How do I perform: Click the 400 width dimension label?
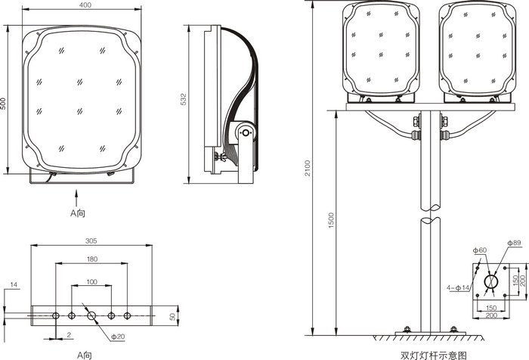(x=85, y=5)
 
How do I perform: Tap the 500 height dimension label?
(x=3, y=104)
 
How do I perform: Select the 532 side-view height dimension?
(x=184, y=99)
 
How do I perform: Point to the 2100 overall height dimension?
(x=308, y=168)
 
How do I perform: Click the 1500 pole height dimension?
(x=331, y=220)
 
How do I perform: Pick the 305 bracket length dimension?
(x=91, y=241)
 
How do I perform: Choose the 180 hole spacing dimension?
(x=92, y=259)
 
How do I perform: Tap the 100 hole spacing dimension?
(x=91, y=281)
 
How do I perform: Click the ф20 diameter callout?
(x=118, y=337)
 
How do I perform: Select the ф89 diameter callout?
(x=515, y=243)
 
